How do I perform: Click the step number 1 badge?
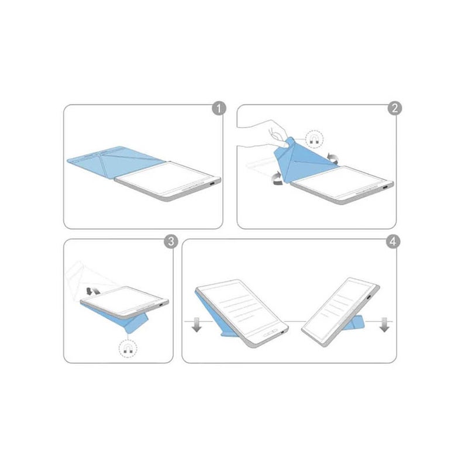[x=219, y=109]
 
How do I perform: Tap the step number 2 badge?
[x=394, y=108]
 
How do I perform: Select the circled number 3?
[x=171, y=241]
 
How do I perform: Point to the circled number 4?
[x=393, y=241]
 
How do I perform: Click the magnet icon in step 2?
[x=315, y=139]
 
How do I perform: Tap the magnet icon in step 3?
[x=128, y=349]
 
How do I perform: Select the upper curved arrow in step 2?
[x=332, y=158]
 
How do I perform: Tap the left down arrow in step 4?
[x=197, y=325]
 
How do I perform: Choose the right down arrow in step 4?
[x=384, y=325]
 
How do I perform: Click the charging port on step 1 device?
[x=212, y=184]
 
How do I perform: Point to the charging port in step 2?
[x=386, y=187]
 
